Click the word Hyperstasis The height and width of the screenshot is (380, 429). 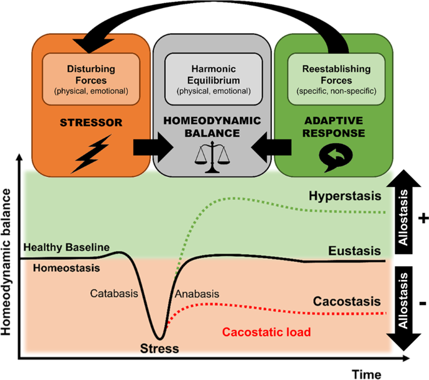pyautogui.click(x=344, y=196)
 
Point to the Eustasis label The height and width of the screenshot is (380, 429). pyautogui.click(x=354, y=251)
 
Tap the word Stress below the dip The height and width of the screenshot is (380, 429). pyautogui.click(x=160, y=347)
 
